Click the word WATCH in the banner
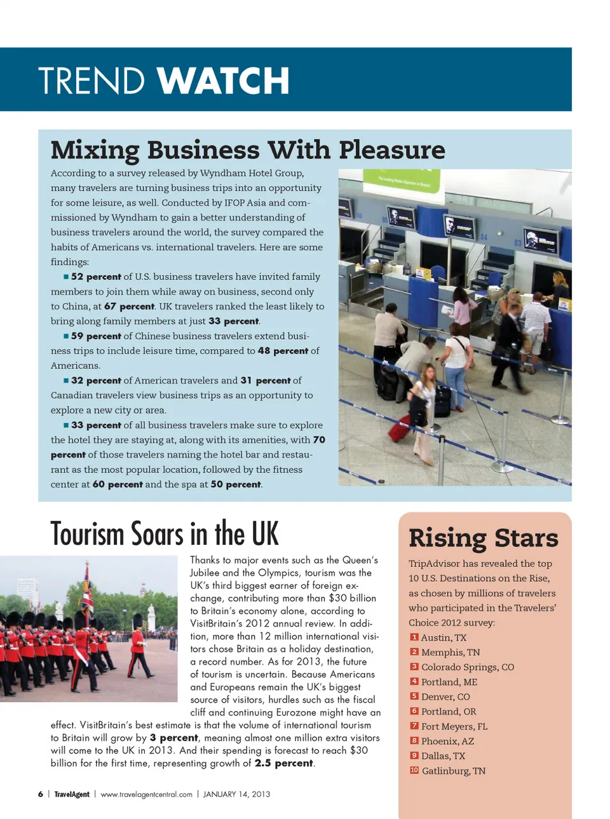[x=223, y=81]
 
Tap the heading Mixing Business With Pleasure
[x=248, y=150]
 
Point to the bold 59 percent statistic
[x=96, y=336]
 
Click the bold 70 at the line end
[x=319, y=439]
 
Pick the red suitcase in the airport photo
[x=400, y=429]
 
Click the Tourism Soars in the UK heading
[x=165, y=533]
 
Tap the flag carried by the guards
[x=86, y=590]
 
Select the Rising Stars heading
[x=484, y=538]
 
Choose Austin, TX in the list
[x=444, y=637]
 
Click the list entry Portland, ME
[x=449, y=682]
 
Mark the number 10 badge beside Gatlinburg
[x=414, y=770]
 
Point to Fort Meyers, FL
[x=454, y=726]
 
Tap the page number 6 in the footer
[x=41, y=794]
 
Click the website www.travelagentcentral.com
[x=146, y=794]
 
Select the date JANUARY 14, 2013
[x=236, y=794]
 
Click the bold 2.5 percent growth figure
[x=284, y=763]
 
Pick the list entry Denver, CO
[x=445, y=696]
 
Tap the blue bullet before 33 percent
[x=66, y=425]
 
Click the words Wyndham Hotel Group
[x=252, y=173]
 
